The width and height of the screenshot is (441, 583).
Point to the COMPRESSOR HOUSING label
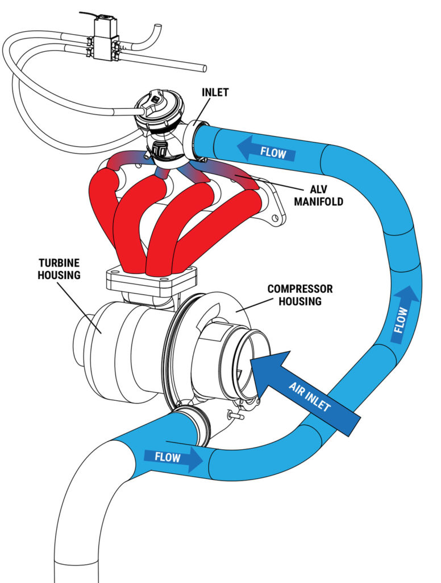point(299,295)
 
